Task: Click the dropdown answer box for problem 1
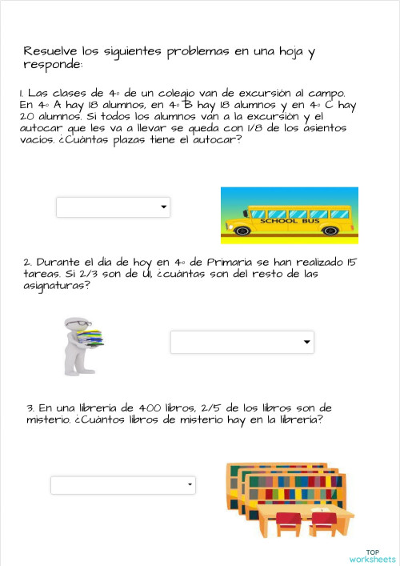[113, 207]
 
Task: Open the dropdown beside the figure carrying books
[242, 343]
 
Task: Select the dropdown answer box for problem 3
[122, 485]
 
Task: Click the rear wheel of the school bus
[242, 231]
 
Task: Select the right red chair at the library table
[324, 524]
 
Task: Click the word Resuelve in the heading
[51, 52]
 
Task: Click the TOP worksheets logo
[372, 555]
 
